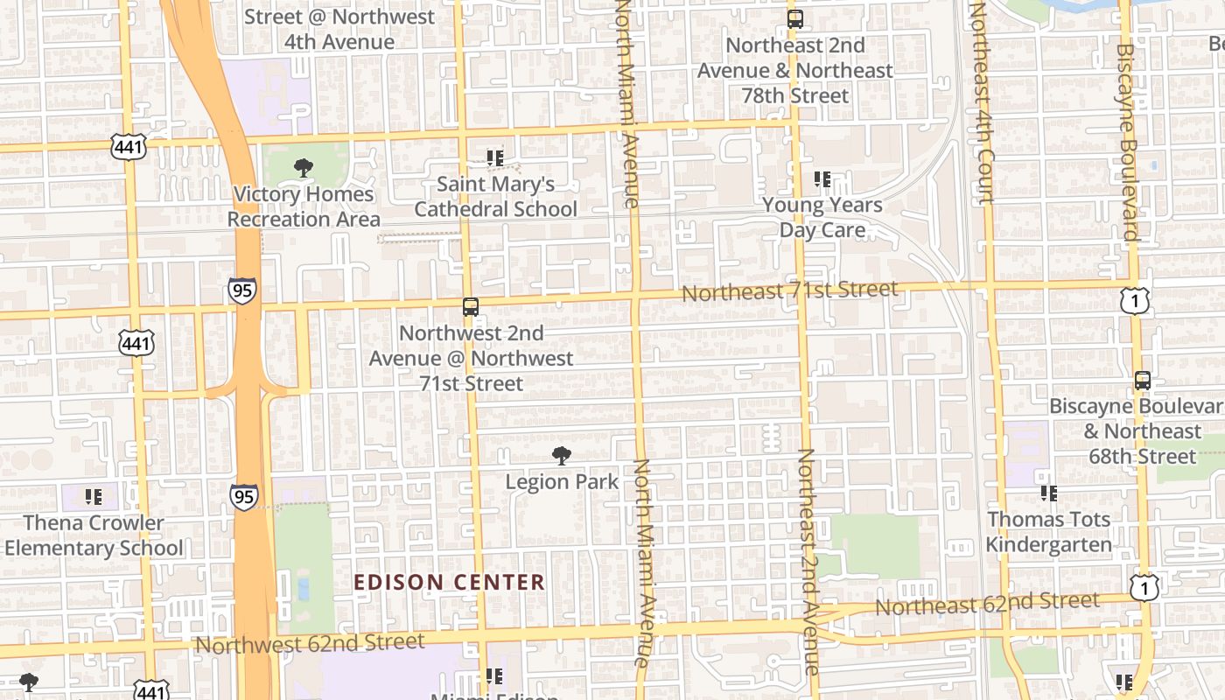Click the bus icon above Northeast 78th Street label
coord(794,18)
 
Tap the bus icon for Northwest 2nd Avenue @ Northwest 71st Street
coord(471,307)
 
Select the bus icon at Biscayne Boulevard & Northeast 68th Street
coord(1143,381)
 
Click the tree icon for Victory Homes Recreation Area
coord(304,167)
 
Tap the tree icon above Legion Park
coord(562,455)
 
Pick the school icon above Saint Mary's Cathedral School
coord(495,158)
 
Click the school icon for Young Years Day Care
coord(822,179)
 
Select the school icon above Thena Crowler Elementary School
coord(94,497)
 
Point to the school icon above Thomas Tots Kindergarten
coord(1048,493)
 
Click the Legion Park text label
coord(562,481)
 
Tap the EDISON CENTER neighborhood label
coord(449,582)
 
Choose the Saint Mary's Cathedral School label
coord(495,197)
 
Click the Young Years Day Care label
coord(822,217)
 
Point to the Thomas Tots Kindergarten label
coord(1048,532)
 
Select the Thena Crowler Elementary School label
coord(94,535)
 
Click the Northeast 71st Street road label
coord(789,290)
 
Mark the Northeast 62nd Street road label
coord(987,604)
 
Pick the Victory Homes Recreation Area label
coord(304,206)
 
